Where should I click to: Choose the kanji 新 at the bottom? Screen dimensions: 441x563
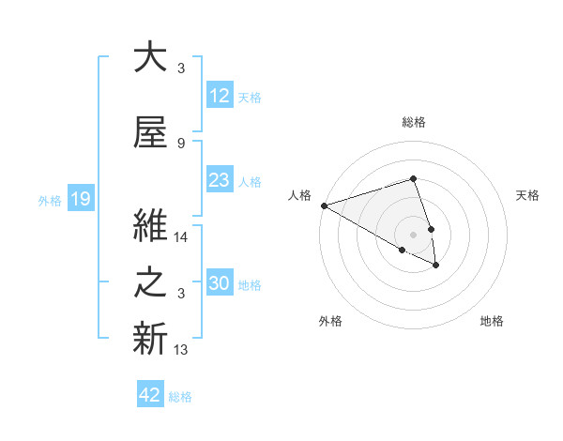point(150,340)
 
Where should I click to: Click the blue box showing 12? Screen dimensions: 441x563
point(219,96)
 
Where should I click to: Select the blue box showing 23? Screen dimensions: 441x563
point(219,181)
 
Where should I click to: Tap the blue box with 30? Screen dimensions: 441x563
point(219,284)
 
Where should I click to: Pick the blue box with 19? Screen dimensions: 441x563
point(80,199)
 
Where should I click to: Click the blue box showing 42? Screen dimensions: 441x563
point(150,396)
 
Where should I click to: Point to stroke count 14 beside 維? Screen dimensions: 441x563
point(182,238)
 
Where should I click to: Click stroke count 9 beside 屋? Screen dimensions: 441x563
point(181,143)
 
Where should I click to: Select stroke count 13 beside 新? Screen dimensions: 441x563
point(182,350)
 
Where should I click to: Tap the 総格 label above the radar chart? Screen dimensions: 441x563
point(413,123)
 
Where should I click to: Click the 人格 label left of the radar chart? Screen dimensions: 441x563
point(299,195)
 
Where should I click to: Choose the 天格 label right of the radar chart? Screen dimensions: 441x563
point(527,195)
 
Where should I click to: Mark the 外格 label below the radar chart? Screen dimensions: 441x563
point(330,322)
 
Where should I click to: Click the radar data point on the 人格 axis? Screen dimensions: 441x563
point(323,205)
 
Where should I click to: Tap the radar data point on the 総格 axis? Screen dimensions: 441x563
point(413,178)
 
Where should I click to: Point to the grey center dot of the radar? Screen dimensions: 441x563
point(413,234)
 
